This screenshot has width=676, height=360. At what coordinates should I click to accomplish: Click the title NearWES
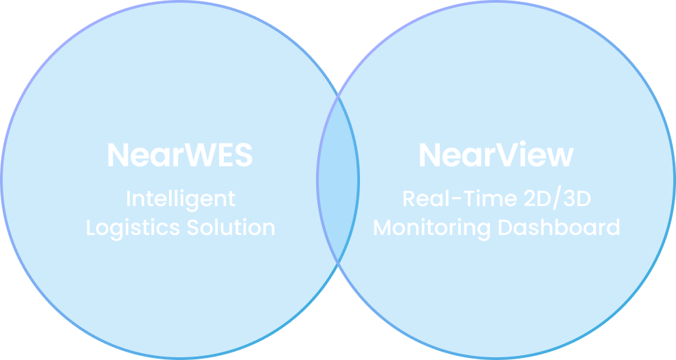pos(180,155)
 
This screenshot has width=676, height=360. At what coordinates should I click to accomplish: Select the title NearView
pos(496,155)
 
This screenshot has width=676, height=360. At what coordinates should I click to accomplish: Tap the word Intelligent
pos(180,199)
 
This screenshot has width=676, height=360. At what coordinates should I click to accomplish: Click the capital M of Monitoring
pos(383,227)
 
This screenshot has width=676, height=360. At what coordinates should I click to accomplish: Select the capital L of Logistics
pos(91,227)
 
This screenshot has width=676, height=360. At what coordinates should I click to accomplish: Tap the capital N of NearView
pos(429,155)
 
